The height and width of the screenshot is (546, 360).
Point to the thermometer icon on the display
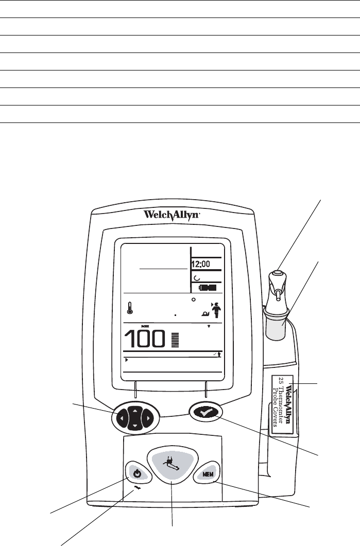point(131,308)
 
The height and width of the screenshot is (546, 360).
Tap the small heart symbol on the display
point(209,326)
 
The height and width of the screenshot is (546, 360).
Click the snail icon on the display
point(205,312)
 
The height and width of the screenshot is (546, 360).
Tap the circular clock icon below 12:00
point(196,276)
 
